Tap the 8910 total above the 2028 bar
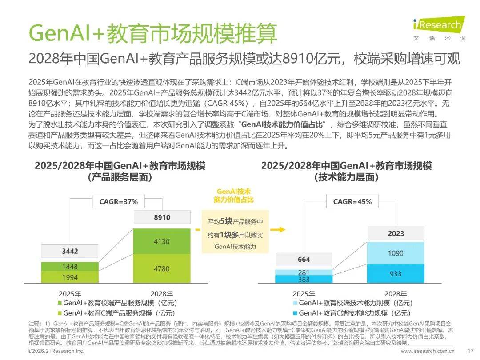(162, 218)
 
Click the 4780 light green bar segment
(162, 269)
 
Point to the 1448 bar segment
(70, 267)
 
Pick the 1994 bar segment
(70, 277)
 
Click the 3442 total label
(70, 251)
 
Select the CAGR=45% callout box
(352, 202)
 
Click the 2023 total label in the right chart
(396, 233)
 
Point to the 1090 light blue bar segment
(396, 253)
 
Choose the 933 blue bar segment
(396, 274)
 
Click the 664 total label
(304, 259)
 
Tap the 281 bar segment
(304, 272)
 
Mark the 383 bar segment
(304, 280)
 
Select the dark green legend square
(60, 303)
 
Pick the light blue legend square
(294, 303)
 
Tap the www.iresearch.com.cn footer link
(428, 351)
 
